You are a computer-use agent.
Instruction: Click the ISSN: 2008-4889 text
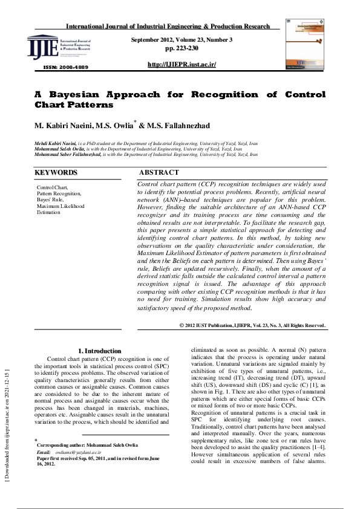tap(65, 66)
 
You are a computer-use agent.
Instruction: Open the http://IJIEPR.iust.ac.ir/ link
tap(182, 64)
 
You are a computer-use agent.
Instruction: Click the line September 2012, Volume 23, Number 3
tap(182, 39)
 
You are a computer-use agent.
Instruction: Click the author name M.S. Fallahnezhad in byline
tap(180, 126)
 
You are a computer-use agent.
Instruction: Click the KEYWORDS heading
tap(56, 173)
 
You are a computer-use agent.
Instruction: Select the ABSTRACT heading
tap(159, 173)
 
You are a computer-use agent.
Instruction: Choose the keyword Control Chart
tap(53, 187)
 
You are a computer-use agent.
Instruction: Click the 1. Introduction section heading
tap(100, 351)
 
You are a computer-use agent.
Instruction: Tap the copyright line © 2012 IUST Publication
tap(252, 325)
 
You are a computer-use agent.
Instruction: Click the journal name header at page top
tap(168, 27)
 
